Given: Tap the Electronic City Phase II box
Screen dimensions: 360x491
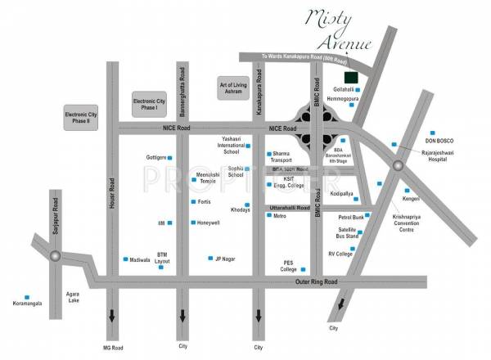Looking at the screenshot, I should pos(86,119).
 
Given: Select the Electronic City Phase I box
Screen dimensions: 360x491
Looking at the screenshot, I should pos(150,106).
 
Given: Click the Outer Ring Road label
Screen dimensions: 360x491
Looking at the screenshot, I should pos(318,282).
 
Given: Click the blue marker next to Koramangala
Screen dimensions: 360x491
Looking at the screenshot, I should pos(28,296).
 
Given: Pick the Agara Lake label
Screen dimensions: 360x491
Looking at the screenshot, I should pos(75,296).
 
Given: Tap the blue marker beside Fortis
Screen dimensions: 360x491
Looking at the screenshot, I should pos(193,202).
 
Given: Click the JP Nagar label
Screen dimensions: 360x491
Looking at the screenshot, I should pos(224,259).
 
